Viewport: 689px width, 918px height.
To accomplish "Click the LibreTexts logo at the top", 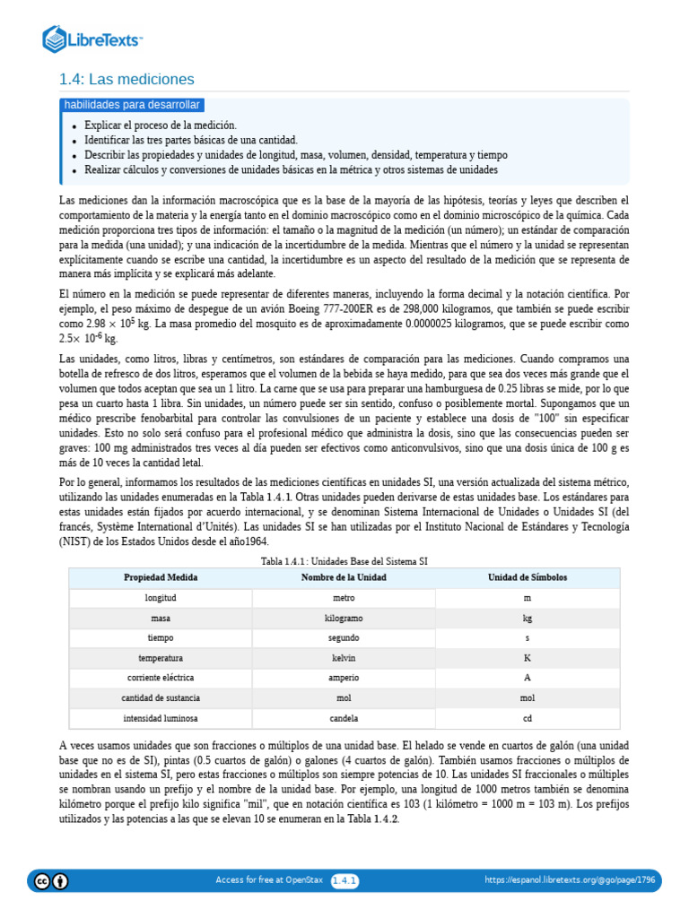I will coord(92,39).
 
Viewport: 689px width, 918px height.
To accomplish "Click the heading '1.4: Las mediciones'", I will coord(126,79).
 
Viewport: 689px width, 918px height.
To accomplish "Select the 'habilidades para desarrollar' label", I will coord(132,105).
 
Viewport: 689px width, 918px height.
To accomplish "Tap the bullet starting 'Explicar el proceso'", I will coord(161,126).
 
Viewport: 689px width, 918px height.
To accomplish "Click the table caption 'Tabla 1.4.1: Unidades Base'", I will coord(344,561).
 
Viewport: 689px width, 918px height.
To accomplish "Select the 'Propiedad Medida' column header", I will coord(161,577).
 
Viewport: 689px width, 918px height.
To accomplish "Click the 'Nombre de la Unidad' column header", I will coord(344,577).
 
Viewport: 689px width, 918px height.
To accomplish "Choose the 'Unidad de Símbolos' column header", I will coord(527,577).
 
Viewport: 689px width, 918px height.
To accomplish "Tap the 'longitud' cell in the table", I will coord(161,597).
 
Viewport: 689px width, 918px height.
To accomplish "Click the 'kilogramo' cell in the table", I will coord(344,619).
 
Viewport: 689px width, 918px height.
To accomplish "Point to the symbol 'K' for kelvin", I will coord(527,658).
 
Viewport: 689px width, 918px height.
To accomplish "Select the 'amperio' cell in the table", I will coord(344,678).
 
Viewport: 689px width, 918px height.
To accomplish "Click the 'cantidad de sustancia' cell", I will coord(161,697).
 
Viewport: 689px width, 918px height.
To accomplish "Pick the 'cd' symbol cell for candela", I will coord(527,718).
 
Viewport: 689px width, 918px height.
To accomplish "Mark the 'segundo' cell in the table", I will coord(344,638).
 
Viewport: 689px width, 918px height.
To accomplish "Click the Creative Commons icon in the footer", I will coord(41,880).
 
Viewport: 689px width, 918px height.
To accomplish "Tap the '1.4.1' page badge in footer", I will coord(344,881).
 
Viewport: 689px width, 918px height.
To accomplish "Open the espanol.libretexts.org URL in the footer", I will coord(570,881).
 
